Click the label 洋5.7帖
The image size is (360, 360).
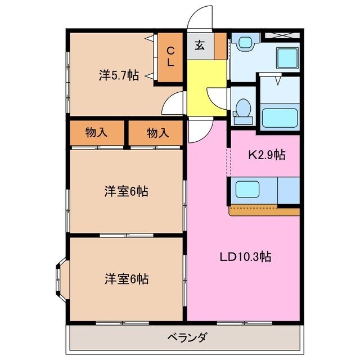click(119, 75)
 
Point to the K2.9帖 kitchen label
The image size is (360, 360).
click(267, 155)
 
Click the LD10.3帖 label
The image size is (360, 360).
click(245, 257)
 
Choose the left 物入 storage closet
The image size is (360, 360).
click(96, 133)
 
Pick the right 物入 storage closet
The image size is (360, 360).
click(157, 133)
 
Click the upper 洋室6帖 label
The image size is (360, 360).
click(126, 191)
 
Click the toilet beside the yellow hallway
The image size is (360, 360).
click(243, 110)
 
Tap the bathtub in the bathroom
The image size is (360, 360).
click(279, 117)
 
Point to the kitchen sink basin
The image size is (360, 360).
click(247, 188)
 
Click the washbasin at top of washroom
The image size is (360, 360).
click(245, 42)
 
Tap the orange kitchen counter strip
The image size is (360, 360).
click(264, 211)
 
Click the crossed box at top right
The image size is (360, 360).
click(283, 37)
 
